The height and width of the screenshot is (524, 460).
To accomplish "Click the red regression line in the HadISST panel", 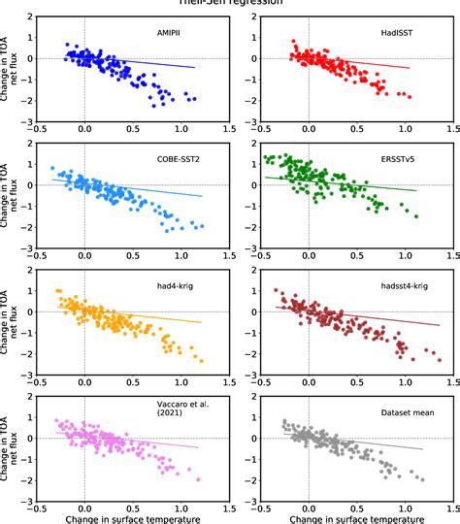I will click(x=388, y=63).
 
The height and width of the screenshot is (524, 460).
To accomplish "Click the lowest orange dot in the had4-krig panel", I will click(x=202, y=361).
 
